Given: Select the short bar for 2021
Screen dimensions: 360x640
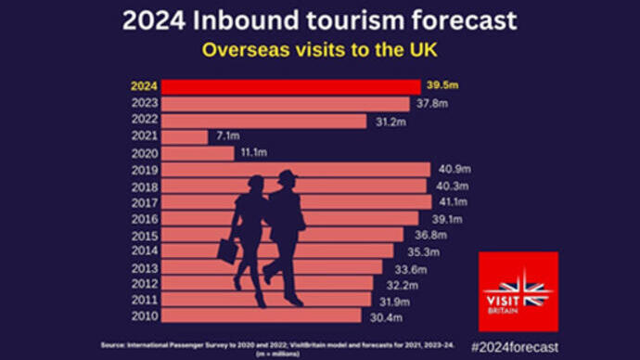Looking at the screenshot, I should coord(185,136).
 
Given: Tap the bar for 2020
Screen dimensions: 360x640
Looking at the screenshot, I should coord(198,153).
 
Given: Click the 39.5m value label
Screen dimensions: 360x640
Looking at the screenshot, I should coord(443,86).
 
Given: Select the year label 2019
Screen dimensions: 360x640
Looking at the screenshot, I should coord(145,170).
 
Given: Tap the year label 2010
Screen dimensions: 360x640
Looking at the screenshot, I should coord(145,316).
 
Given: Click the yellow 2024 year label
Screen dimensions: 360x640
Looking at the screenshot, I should coord(145,86).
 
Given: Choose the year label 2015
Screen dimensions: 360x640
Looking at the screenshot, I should coord(145,235).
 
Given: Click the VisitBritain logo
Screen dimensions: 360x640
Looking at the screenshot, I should coord(518,291).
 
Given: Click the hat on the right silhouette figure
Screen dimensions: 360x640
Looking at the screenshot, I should coord(288,176).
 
